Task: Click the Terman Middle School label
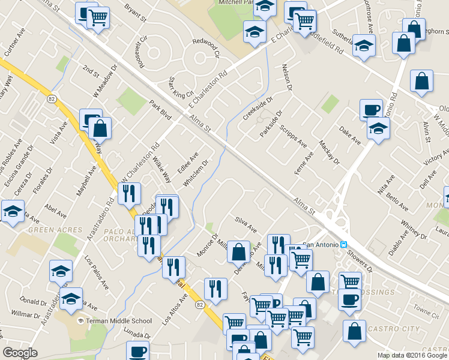(x=118, y=321)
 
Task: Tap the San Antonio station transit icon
(x=344, y=244)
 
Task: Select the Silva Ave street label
(x=246, y=226)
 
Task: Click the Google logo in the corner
(x=20, y=353)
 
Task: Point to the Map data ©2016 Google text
(x=412, y=355)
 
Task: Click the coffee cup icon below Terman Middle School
(x=138, y=351)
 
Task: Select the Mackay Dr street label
(x=330, y=154)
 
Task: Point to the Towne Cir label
(x=426, y=312)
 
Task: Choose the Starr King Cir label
(x=181, y=88)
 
